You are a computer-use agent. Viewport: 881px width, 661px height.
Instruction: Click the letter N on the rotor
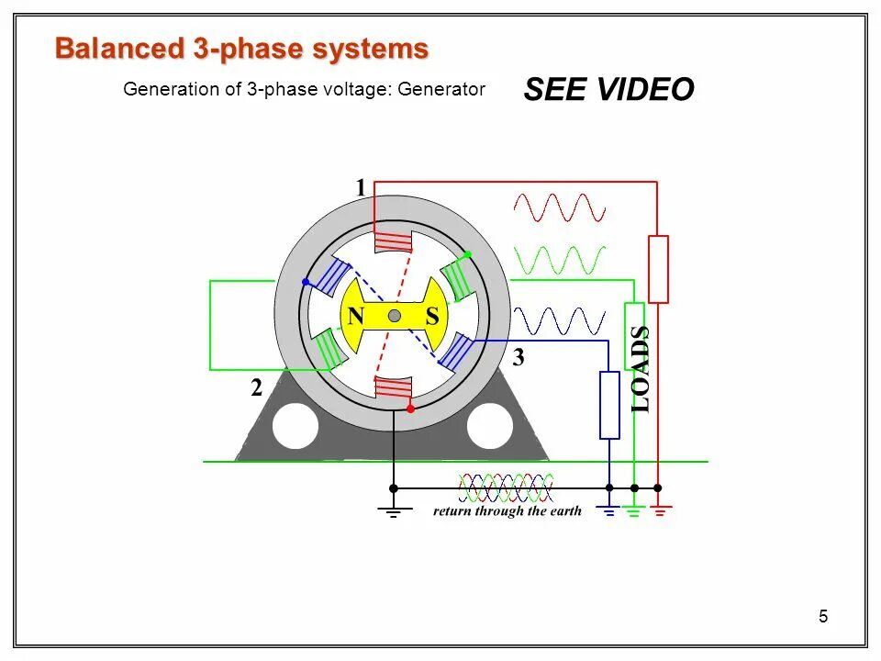tap(355, 317)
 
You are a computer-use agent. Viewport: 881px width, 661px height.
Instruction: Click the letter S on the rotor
tap(432, 317)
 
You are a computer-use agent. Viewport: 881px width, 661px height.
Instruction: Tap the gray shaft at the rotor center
tap(394, 316)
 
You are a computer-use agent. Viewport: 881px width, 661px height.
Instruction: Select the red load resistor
tap(658, 269)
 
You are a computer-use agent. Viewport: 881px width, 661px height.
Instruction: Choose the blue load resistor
tap(609, 405)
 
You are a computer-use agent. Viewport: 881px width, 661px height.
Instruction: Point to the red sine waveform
tap(560, 207)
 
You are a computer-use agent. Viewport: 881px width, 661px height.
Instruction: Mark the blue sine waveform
tap(560, 321)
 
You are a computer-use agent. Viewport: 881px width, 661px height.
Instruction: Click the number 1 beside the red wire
tap(361, 187)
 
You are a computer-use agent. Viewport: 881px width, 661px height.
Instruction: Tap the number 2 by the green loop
tap(257, 389)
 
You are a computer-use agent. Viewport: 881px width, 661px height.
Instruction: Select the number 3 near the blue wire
tap(519, 359)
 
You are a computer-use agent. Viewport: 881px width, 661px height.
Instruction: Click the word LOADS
tap(641, 368)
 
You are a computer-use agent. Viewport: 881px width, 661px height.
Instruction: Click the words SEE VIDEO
tap(608, 90)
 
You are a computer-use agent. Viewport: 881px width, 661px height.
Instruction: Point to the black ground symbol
tap(393, 511)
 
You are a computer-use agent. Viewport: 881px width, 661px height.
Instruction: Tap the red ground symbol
tap(660, 510)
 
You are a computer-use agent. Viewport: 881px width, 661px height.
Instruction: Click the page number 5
tap(823, 617)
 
